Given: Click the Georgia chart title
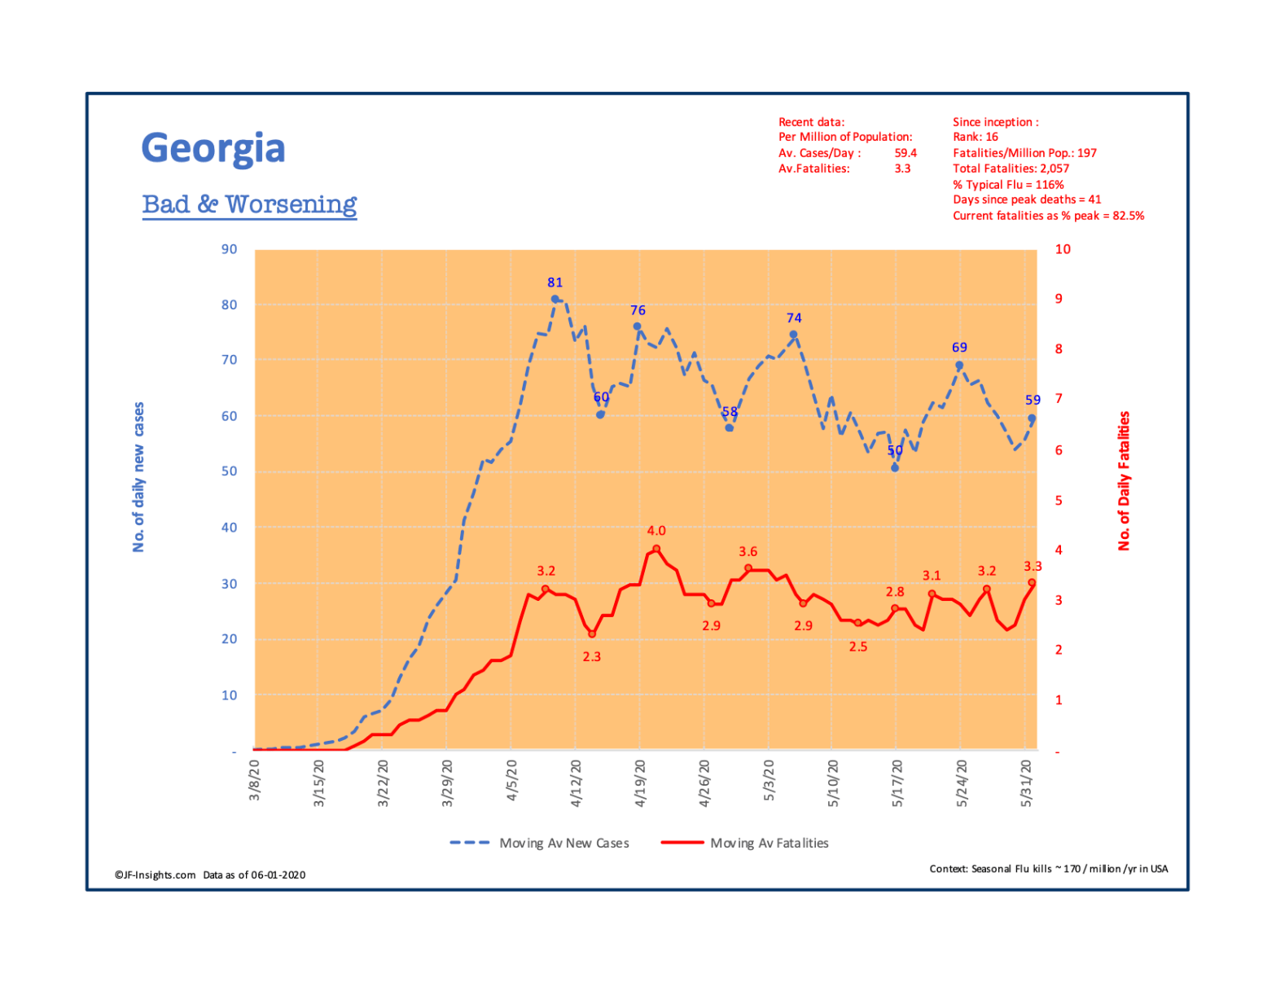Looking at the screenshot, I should click(213, 148).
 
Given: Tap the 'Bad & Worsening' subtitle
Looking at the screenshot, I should click(249, 204).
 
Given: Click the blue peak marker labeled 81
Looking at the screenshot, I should click(555, 299).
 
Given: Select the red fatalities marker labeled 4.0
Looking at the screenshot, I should click(656, 549).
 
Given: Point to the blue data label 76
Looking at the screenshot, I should click(638, 310).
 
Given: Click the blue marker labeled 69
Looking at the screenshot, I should click(959, 366).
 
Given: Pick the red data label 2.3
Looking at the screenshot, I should click(591, 656).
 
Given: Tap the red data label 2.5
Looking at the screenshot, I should click(857, 646).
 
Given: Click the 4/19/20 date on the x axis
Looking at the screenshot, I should click(640, 782).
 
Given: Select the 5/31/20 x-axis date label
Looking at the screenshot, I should click(1026, 782).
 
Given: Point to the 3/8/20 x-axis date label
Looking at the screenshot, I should click(255, 780).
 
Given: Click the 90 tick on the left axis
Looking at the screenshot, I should click(229, 249).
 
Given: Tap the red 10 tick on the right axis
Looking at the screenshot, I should click(1063, 249).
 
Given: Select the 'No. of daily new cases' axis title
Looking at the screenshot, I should click(138, 476).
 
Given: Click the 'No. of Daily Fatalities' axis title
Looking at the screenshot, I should click(1124, 480).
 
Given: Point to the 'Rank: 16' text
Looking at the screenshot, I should click(975, 137).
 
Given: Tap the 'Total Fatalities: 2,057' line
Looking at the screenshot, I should click(1011, 169).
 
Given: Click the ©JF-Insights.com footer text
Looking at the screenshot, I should click(156, 874).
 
